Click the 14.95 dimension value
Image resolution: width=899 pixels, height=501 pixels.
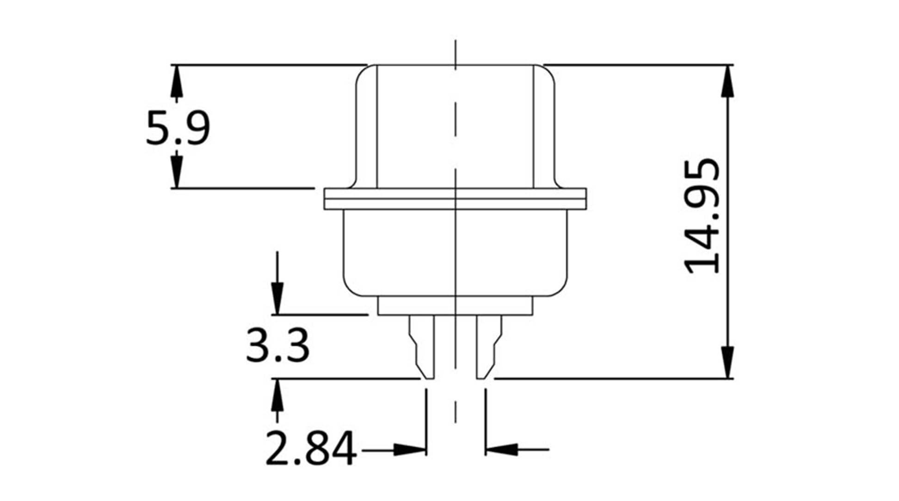(702, 217)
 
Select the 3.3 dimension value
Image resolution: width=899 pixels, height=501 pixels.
(277, 345)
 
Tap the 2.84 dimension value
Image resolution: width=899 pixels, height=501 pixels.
(311, 448)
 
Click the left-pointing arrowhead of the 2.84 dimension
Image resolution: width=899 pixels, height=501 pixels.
(501, 449)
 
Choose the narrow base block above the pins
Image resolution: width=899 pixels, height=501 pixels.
(455, 306)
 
